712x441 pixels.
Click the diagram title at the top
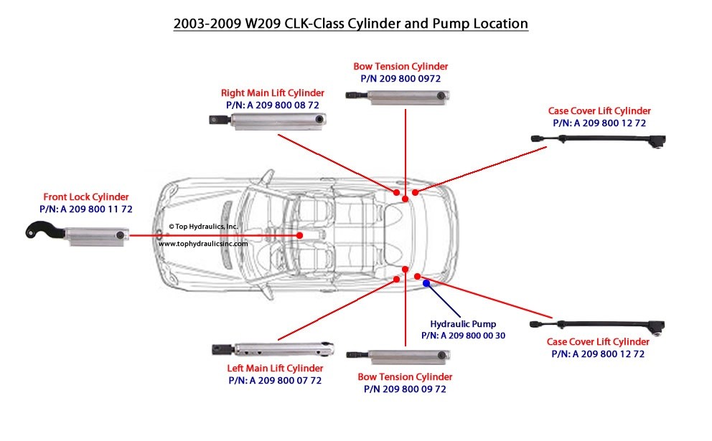[351, 24]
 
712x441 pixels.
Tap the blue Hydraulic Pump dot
[427, 283]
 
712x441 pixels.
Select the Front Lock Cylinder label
[86, 196]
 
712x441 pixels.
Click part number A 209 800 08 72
[272, 105]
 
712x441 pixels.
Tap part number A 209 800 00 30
[463, 335]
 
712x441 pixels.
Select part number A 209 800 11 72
[86, 209]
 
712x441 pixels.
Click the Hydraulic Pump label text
[463, 323]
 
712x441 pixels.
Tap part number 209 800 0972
[400, 77]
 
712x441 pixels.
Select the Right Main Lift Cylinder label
[272, 93]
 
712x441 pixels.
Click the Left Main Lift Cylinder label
[275, 369]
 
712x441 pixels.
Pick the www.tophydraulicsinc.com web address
[203, 244]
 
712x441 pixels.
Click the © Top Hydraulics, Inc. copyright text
[203, 227]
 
